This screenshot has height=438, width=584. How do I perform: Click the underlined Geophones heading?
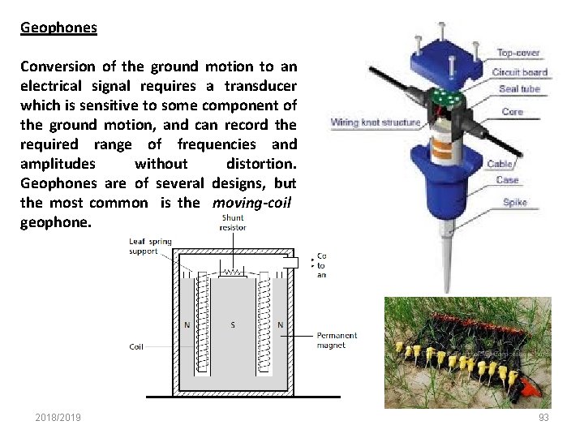[x=58, y=28]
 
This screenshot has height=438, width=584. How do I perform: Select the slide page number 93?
[x=543, y=418]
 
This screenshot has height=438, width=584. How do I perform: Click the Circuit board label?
[x=520, y=71]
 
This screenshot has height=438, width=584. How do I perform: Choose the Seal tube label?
[x=519, y=89]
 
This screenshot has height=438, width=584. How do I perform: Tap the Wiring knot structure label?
[x=376, y=123]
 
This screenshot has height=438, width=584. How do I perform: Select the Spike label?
[x=514, y=202]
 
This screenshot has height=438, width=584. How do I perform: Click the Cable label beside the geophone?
[x=499, y=164]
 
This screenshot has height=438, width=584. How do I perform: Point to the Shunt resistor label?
[x=233, y=222]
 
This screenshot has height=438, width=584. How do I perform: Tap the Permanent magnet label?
[x=337, y=341]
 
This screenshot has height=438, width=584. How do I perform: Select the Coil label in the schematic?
[x=137, y=347]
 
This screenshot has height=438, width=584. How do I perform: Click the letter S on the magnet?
[x=233, y=326]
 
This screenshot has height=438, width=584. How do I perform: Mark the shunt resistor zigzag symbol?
[x=233, y=273]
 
